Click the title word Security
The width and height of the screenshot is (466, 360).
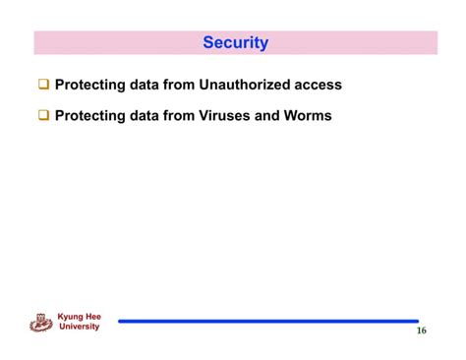235,43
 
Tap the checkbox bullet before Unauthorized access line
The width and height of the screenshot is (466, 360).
44,86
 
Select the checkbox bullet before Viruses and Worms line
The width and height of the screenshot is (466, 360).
44,116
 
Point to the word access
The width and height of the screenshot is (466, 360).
318,86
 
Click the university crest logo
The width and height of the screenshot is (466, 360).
41,322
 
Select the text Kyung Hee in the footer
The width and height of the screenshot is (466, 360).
80,317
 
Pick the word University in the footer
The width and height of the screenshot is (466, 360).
80,327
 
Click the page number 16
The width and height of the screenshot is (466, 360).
421,331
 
